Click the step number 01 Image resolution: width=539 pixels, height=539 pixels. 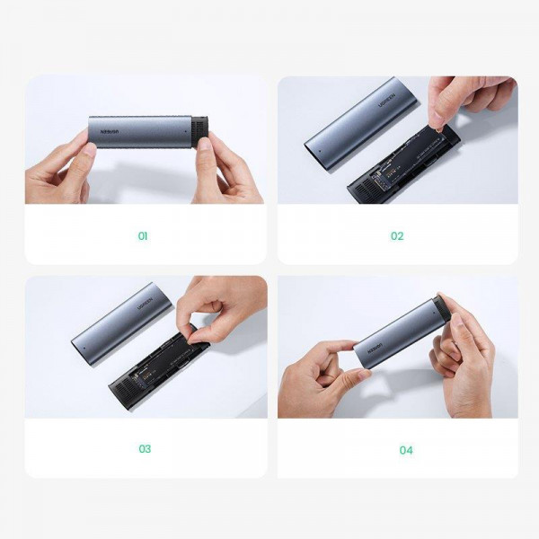(x=143, y=236)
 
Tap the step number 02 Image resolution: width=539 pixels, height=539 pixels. (x=397, y=236)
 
